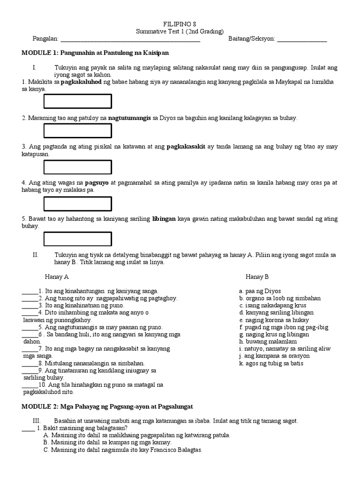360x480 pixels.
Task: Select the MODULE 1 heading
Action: (x=95, y=53)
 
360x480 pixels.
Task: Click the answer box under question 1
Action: (x=77, y=101)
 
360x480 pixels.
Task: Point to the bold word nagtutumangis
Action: (x=130, y=118)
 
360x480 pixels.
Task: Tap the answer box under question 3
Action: (x=77, y=167)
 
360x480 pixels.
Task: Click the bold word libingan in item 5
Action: (x=163, y=219)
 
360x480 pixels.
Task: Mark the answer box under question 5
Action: (x=77, y=239)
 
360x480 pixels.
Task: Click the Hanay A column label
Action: (x=57, y=277)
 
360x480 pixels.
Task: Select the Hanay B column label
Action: (x=257, y=277)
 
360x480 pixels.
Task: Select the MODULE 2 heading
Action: (x=107, y=406)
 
